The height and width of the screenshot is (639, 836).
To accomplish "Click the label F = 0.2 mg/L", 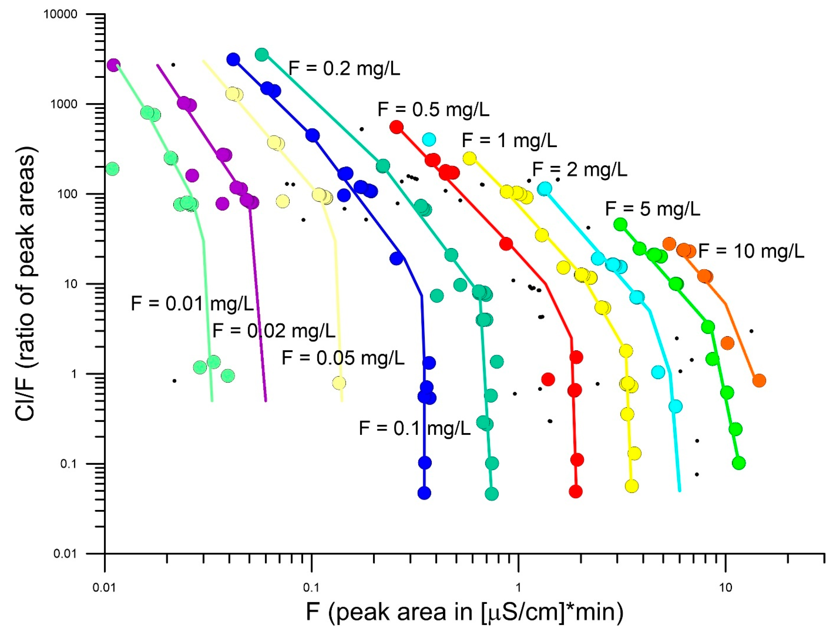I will coord(344,69).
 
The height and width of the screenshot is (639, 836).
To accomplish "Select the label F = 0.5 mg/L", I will coord(433,110).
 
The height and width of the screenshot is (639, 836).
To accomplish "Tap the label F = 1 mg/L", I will coord(509,140).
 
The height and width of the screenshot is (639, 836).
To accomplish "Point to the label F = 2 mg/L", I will coord(579,169).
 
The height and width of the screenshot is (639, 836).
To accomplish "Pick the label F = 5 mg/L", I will coord(652,209).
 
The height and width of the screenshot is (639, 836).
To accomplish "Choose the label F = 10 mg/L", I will coord(751,251).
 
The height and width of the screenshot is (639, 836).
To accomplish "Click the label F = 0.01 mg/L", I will coord(192,304).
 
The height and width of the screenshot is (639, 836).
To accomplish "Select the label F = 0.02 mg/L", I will coord(273,331).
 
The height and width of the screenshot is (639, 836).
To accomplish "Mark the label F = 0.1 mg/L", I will coord(415,428).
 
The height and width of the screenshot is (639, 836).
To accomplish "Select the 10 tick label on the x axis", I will coord(725,588).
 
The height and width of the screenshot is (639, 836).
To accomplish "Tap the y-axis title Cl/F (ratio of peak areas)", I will coord(26,283).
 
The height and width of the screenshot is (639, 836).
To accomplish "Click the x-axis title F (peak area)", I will coord(464,613).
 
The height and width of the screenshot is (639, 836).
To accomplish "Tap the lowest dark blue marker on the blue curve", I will coord(424,493).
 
